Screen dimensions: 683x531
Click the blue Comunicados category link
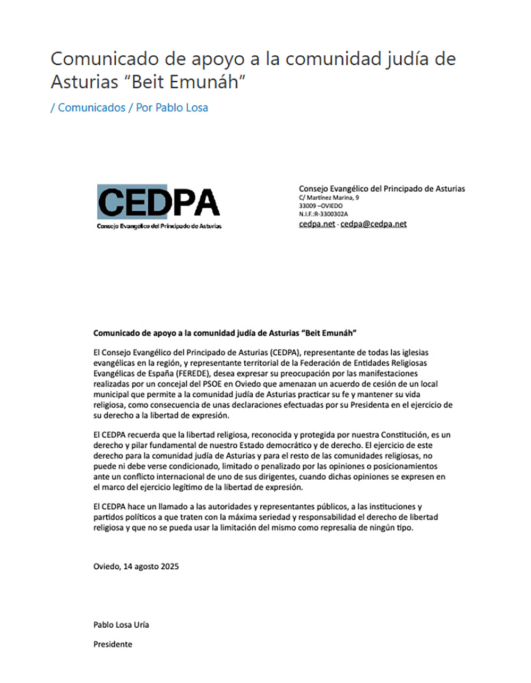[91, 107]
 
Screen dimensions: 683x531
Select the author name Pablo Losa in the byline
[182, 107]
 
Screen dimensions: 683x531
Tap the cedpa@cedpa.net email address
[373, 224]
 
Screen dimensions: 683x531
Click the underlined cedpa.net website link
[317, 224]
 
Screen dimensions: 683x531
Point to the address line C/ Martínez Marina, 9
[329, 198]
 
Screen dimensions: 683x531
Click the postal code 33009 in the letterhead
[306, 206]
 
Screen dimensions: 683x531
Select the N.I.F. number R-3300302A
[331, 214]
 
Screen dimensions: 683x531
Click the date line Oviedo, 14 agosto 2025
[136, 566]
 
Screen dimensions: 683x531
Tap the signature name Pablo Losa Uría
[121, 625]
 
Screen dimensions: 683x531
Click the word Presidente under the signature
[113, 644]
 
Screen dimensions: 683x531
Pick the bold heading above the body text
[225, 333]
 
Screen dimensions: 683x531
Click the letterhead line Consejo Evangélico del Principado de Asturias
[382, 189]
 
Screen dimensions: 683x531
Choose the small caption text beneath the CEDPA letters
[159, 226]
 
